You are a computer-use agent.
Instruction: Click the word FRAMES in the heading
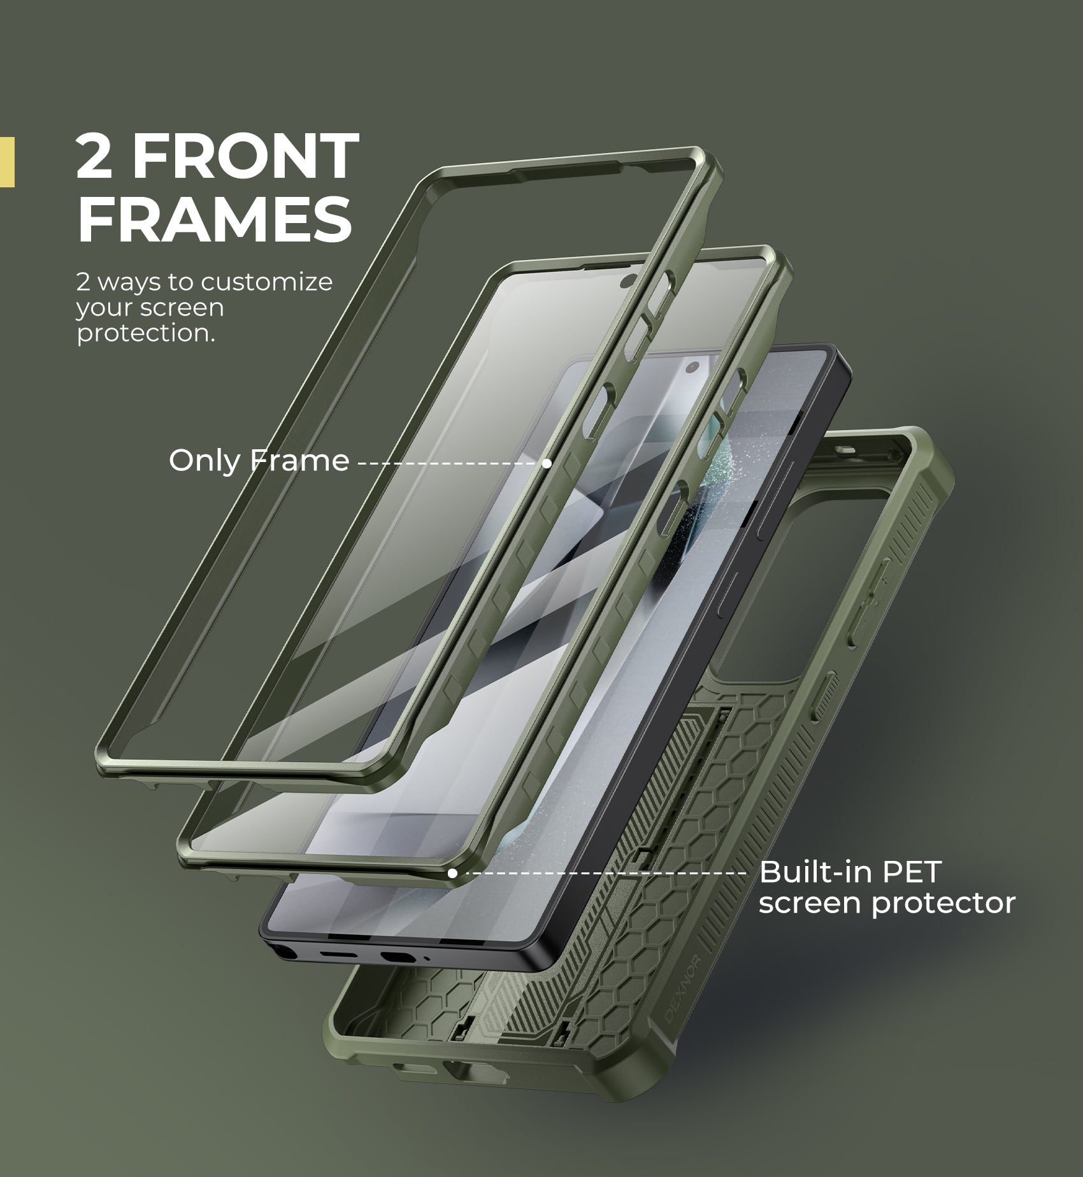point(214,219)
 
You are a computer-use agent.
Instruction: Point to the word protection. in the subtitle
point(146,333)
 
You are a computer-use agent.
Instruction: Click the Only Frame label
point(259,460)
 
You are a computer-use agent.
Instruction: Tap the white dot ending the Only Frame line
point(547,463)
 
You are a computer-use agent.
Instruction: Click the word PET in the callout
point(913,872)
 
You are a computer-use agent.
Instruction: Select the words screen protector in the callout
point(886,903)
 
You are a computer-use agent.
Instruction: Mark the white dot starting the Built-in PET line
point(452,873)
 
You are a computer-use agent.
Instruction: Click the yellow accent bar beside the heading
point(7,162)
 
